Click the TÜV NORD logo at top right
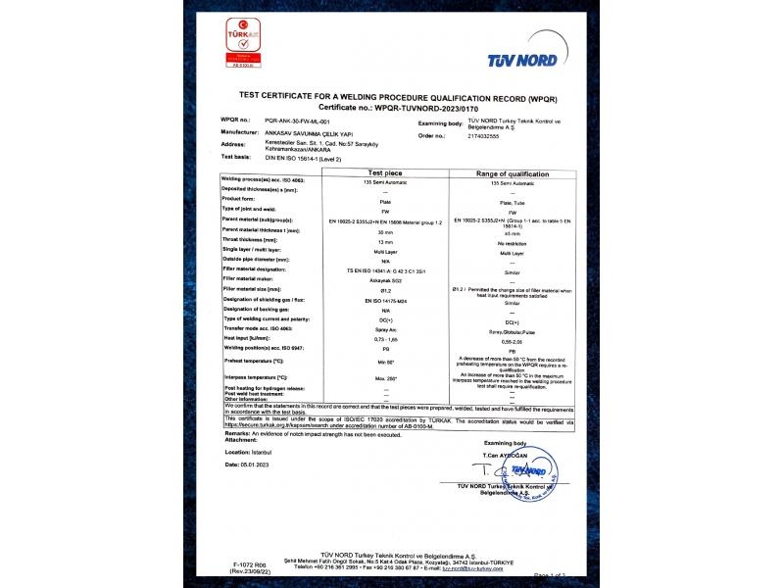click(x=525, y=61)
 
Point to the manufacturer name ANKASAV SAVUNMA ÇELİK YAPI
click(x=300, y=131)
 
